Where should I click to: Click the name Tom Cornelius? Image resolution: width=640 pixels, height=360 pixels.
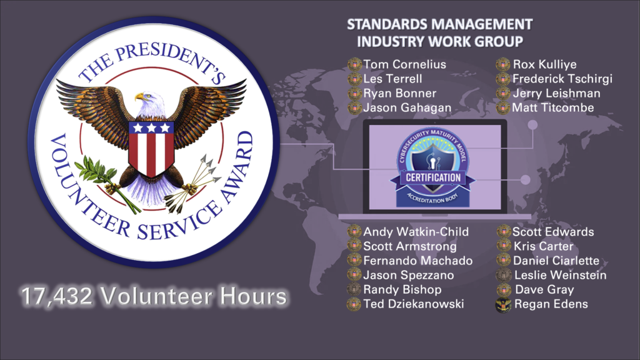point(404,64)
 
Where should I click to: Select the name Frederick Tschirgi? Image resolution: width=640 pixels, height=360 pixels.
point(562,79)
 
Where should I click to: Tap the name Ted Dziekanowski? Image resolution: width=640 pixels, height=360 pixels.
point(414,304)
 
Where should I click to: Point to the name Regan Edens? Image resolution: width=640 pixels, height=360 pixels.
point(551,304)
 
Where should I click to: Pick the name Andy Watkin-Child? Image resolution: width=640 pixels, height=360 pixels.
point(416,232)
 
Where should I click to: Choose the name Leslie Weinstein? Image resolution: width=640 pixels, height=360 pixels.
point(561,275)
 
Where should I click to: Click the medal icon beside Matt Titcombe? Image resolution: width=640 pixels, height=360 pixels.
point(503,107)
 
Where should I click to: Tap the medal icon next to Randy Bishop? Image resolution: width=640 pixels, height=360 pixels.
point(354,289)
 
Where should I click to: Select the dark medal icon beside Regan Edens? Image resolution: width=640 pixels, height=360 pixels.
point(503,304)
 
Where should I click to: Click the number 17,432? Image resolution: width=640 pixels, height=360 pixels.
point(56,296)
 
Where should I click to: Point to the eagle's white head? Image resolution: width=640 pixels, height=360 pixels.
point(149,104)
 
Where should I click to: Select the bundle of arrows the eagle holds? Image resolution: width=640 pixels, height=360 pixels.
point(192,184)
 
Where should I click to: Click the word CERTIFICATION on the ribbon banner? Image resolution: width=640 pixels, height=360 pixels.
point(433,177)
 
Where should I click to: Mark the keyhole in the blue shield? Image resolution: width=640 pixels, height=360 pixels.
point(433,163)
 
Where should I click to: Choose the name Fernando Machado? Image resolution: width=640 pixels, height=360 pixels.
point(418,261)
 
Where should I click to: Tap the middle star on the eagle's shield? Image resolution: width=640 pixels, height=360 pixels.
point(151,127)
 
